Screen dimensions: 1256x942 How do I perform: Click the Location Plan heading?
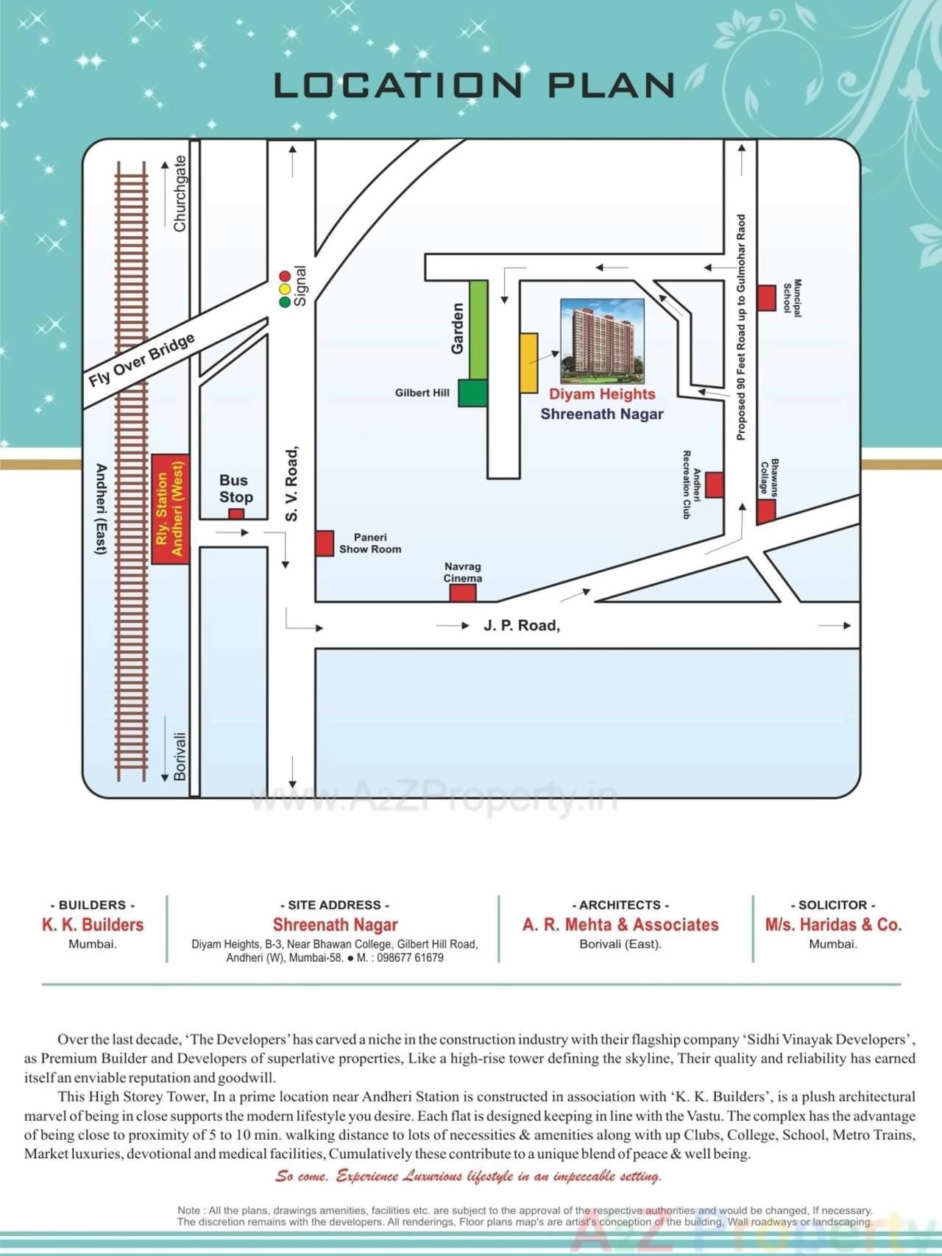click(x=474, y=86)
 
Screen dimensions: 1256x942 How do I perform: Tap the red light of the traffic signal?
click(x=285, y=276)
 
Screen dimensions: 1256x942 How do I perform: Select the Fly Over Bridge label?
click(x=141, y=360)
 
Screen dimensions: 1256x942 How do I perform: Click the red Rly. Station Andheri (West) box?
click(x=170, y=509)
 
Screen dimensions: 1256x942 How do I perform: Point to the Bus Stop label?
click(x=235, y=488)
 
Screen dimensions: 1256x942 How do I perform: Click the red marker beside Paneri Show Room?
click(x=325, y=543)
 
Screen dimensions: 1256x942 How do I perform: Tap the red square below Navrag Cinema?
click(x=463, y=592)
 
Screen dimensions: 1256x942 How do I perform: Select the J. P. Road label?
click(x=521, y=626)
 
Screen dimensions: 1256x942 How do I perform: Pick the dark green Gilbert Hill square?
click(x=473, y=393)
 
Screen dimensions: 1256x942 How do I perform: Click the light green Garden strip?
click(x=478, y=329)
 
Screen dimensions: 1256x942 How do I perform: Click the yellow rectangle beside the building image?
click(x=529, y=363)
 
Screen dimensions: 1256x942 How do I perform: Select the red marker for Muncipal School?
click(x=767, y=298)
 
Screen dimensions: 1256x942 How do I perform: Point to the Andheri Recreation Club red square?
click(x=714, y=485)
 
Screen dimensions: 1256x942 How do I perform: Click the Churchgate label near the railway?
click(x=180, y=193)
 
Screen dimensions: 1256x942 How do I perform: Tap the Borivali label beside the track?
click(x=180, y=755)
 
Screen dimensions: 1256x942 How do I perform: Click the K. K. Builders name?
click(x=93, y=925)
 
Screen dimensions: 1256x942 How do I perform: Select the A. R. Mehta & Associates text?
click(x=620, y=925)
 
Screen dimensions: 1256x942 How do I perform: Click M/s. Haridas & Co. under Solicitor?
click(x=833, y=925)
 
